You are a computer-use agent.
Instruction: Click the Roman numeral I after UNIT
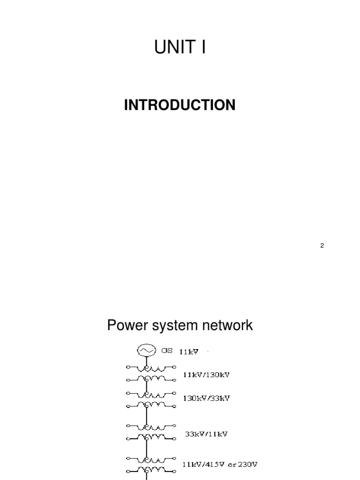(x=203, y=48)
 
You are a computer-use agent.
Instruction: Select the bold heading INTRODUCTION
(x=180, y=105)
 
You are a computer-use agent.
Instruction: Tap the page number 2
(x=322, y=246)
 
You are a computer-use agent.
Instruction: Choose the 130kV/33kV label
(x=207, y=398)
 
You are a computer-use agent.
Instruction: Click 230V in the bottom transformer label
(x=249, y=465)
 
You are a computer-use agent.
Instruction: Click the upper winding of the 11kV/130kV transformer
(x=150, y=368)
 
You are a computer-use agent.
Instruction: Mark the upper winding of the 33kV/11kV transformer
(x=150, y=427)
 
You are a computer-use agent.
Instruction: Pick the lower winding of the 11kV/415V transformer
(x=150, y=469)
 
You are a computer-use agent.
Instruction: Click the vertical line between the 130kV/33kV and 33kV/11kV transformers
(x=146, y=415)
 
